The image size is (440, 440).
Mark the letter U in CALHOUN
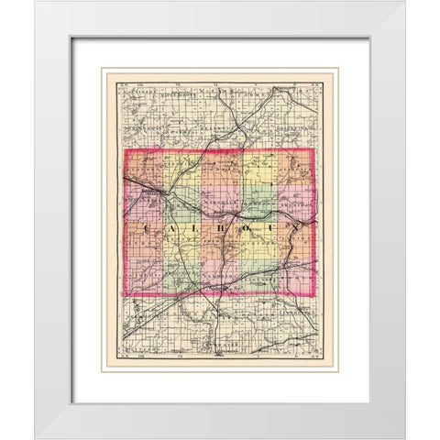[x=269, y=228]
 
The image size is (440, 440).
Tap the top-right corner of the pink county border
[x=313, y=149]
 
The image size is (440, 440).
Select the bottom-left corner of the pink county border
[x=125, y=295]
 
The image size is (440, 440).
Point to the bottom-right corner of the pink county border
[x=314, y=295]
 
